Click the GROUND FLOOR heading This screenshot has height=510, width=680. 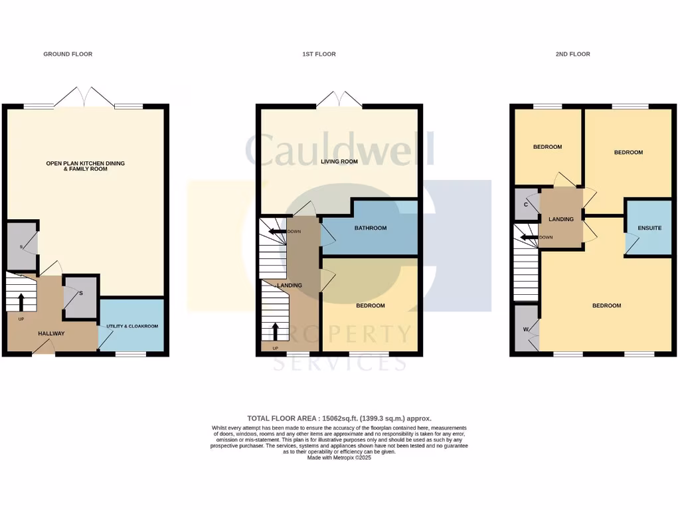pyautogui.click(x=68, y=54)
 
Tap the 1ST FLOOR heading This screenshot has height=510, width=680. pyautogui.click(x=319, y=54)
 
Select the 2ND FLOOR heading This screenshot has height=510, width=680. pyautogui.click(x=572, y=54)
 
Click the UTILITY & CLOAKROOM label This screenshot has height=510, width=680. pyautogui.click(x=131, y=327)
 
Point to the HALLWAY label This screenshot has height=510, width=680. pyautogui.click(x=51, y=333)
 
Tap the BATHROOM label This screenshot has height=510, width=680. pyautogui.click(x=370, y=228)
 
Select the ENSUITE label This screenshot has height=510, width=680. pyautogui.click(x=649, y=228)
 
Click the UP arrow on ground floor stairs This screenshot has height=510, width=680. pyautogui.click(x=21, y=302)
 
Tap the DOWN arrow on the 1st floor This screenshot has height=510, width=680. pyautogui.click(x=276, y=231)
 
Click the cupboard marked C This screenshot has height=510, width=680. pyautogui.click(x=526, y=205)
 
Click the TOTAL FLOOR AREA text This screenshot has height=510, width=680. pyautogui.click(x=339, y=418)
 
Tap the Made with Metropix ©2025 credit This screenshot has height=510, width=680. pyautogui.click(x=339, y=458)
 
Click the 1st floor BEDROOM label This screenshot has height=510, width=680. pyautogui.click(x=370, y=305)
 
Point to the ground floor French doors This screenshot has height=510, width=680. pyautogui.click(x=84, y=98)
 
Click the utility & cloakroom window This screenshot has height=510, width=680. pyautogui.click(x=131, y=354)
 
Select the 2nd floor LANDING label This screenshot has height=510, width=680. pyautogui.click(x=560, y=218)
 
